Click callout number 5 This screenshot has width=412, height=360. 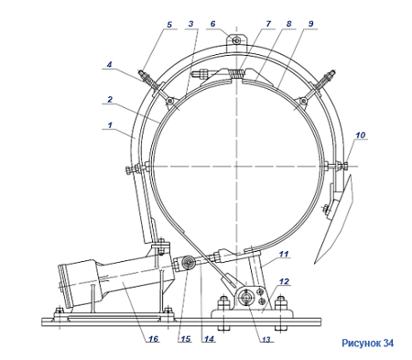pos(169,25)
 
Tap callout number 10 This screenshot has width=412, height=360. pos(360,135)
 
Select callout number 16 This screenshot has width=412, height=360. pos(153,338)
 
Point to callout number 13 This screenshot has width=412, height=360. pos(266,340)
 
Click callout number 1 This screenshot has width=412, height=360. pos(110,125)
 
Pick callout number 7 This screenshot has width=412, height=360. pos(268,24)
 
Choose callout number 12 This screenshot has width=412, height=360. pos(284,281)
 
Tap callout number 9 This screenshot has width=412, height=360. pos(310,24)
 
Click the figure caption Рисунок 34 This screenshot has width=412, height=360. pos(367,343)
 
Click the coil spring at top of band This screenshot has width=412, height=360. pos(238,74)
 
